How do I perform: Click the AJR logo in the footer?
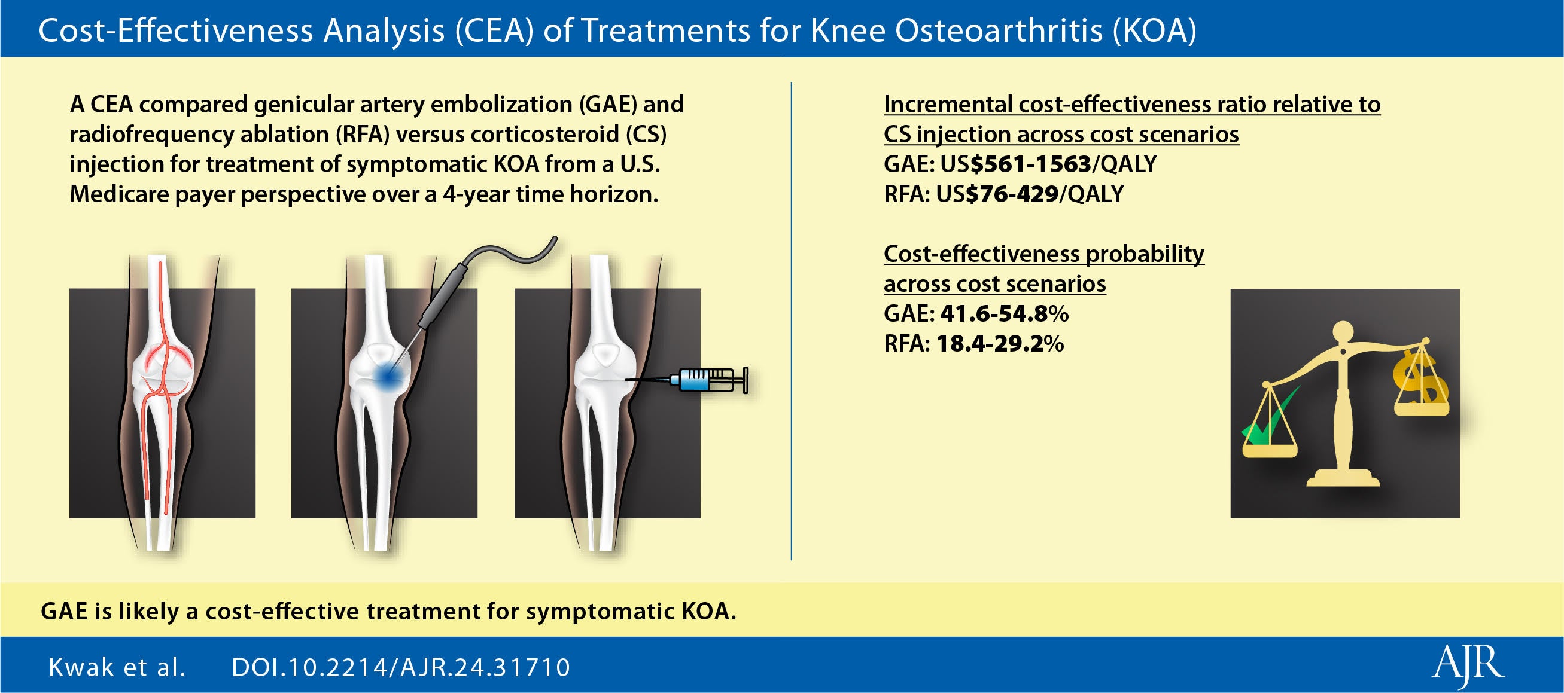(1468, 666)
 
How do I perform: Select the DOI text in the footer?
(401, 667)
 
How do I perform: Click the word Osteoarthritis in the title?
(998, 30)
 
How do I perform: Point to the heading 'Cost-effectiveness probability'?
(1043, 254)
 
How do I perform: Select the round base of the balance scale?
(1343, 479)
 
